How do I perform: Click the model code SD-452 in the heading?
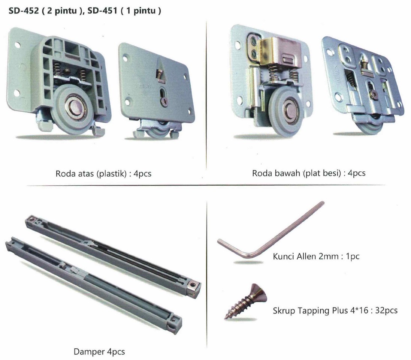pos(24,11)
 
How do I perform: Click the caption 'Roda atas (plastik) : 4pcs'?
pos(103,174)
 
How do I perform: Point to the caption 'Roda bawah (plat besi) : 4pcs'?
pos(308,173)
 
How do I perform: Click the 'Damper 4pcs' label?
pos(99,352)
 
